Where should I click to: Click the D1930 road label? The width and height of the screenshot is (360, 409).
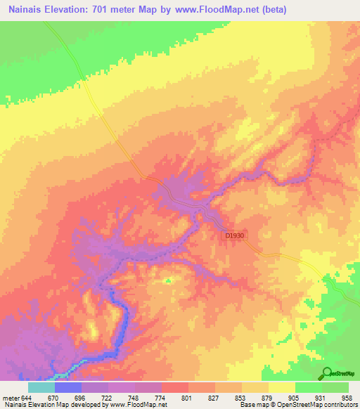click(235, 237)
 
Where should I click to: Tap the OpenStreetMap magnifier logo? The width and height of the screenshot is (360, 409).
click(327, 373)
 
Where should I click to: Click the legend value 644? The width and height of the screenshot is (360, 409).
click(26, 397)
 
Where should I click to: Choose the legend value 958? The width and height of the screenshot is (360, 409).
click(347, 397)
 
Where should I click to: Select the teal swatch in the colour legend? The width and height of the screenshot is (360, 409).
click(41, 387)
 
